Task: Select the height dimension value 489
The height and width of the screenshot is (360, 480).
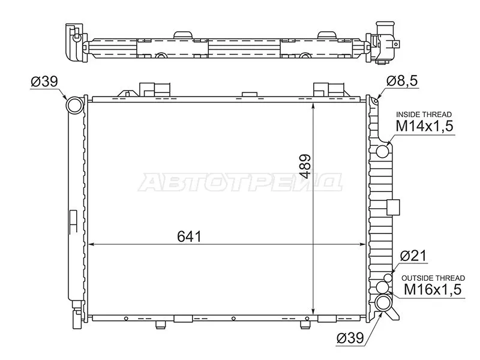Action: point(305,167)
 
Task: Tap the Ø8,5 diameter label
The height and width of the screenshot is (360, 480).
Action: point(400,80)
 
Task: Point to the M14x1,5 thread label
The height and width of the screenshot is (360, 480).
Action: point(423,126)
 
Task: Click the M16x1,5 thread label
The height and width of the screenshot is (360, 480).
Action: point(431,290)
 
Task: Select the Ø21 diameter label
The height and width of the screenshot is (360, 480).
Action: point(413,256)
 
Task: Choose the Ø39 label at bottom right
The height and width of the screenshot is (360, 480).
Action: point(351,338)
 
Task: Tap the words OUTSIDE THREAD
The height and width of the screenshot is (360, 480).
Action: point(432,278)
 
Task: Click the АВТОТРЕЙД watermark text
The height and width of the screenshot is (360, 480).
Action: point(241,182)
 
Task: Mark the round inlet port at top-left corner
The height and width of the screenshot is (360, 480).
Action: point(75,106)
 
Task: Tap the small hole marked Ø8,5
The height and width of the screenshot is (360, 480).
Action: point(374,101)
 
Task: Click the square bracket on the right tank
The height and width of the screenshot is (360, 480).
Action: point(393,207)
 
